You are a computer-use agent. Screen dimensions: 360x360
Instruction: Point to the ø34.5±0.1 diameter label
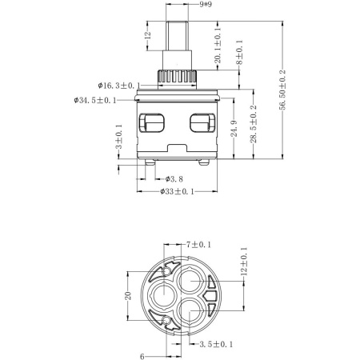pos(94,100)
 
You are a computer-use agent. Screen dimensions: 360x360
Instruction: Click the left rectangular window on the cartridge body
pos(153,123)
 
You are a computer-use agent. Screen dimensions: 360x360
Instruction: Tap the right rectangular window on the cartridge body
pos(202,123)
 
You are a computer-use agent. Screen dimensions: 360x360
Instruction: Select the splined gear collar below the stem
pos(178,78)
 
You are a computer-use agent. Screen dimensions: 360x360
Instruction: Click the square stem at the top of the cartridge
pos(178,33)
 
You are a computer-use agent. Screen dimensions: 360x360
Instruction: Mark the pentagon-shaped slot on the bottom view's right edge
pos(210,302)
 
